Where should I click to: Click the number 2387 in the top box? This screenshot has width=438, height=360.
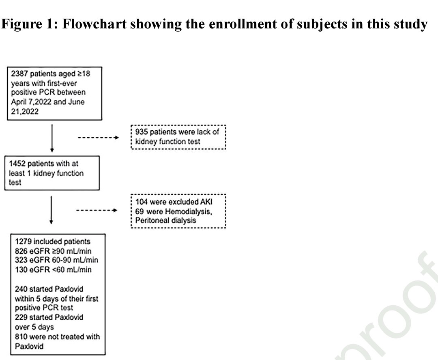tap(19, 74)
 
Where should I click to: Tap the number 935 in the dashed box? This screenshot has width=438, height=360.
tap(142, 132)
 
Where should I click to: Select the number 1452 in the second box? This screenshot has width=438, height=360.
tap(17, 164)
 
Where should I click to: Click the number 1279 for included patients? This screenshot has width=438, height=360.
tap(23, 241)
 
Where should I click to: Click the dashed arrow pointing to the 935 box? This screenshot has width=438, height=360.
tap(98, 138)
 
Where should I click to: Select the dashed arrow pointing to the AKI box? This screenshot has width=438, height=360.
tap(97, 210)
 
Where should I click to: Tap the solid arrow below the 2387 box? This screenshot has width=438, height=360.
tap(52, 138)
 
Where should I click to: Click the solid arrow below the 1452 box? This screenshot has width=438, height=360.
tap(51, 210)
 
